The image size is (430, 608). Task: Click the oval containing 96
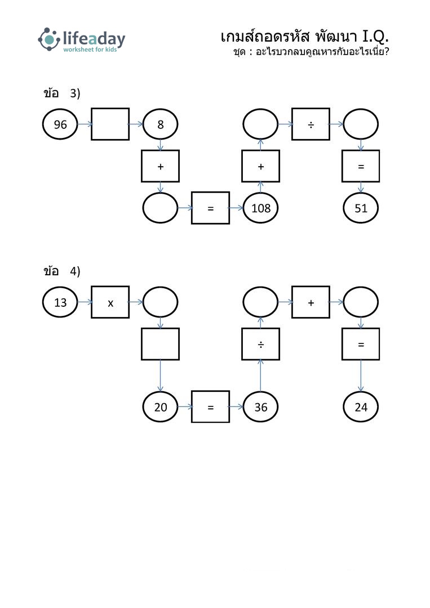coord(60,124)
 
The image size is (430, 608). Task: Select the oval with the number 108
coord(260,208)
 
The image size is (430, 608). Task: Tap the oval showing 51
coord(361,208)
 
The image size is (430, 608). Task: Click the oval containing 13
coord(60,302)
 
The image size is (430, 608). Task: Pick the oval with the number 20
coord(160,407)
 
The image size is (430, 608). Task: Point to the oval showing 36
coord(260,407)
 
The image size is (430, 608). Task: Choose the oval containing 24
coord(361,407)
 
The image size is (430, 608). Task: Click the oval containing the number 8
coord(160,124)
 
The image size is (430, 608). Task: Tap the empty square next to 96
coord(110,124)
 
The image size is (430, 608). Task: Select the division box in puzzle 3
coord(311,124)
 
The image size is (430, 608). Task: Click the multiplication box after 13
coord(110,302)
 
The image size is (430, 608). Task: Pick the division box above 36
coord(260,344)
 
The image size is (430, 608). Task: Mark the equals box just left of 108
coord(210,208)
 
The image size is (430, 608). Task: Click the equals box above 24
coord(361,344)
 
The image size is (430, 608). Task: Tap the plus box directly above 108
coord(260,166)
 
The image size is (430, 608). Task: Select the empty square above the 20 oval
coord(160,344)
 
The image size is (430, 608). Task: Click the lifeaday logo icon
coord(49,39)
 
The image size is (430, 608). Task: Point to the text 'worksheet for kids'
coord(90,50)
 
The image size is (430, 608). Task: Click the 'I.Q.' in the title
coord(375,37)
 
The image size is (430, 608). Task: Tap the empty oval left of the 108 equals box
coord(160,208)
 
